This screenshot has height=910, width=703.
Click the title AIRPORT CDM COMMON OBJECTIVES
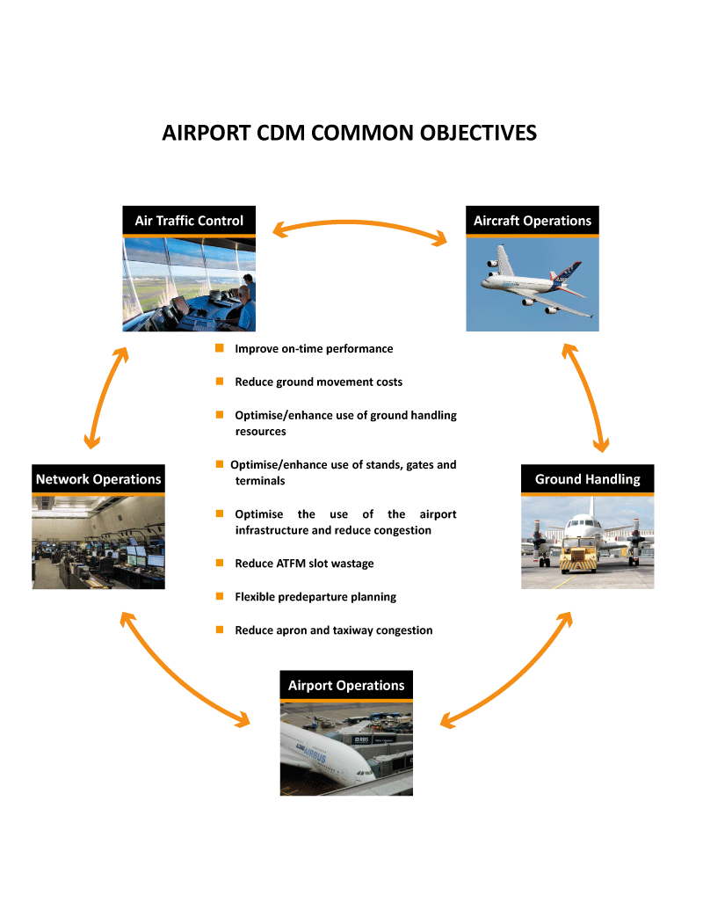click(349, 133)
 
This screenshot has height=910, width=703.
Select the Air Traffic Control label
click(189, 221)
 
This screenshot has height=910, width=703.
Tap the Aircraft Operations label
click(532, 221)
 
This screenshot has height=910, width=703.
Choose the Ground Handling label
click(587, 479)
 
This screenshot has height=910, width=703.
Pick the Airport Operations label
click(346, 685)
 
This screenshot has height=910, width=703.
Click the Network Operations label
click(98, 479)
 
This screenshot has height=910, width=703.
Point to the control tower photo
click(189, 284)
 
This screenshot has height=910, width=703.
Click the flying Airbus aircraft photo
click(532, 283)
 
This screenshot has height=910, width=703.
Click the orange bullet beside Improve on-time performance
click(220, 348)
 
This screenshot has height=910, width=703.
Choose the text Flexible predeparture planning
click(315, 597)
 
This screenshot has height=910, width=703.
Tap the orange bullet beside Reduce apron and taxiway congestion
click(220, 630)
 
